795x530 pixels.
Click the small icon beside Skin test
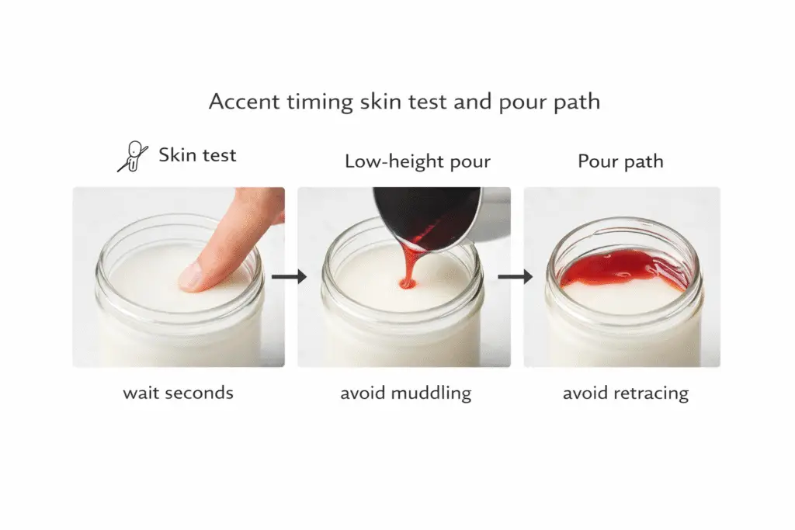click(x=133, y=156)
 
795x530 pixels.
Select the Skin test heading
click(x=197, y=155)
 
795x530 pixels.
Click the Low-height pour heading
click(x=418, y=161)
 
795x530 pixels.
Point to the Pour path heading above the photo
click(x=620, y=161)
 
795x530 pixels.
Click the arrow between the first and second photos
click(x=290, y=277)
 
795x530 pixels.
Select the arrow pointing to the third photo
click(x=516, y=276)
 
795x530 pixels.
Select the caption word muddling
click(x=431, y=393)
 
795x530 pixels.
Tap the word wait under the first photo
click(x=139, y=393)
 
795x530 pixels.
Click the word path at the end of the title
click(x=578, y=102)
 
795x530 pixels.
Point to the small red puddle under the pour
click(x=407, y=283)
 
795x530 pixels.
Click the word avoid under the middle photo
click(x=363, y=393)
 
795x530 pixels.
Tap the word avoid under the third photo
click(x=585, y=393)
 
